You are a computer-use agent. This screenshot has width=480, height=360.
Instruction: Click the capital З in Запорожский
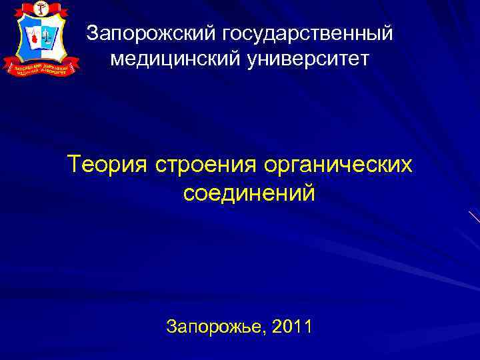coord(93,32)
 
